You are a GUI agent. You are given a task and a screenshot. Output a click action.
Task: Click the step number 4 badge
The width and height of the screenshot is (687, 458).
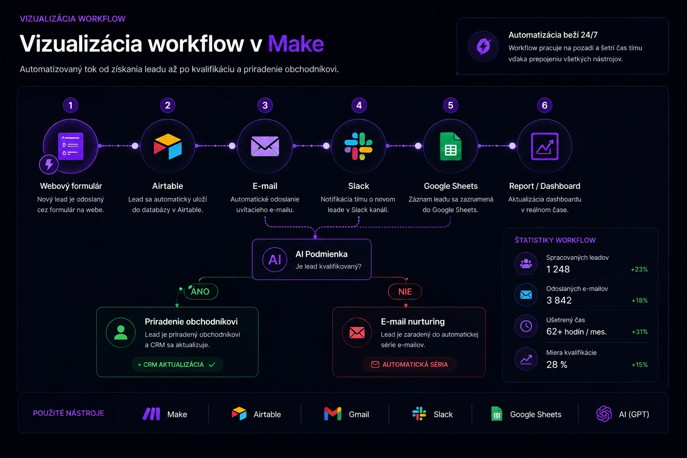[x=359, y=105]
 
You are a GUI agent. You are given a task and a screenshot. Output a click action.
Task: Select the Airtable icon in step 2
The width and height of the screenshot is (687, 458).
[x=167, y=146]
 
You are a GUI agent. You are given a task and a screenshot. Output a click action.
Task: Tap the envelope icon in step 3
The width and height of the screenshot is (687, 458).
[x=265, y=146]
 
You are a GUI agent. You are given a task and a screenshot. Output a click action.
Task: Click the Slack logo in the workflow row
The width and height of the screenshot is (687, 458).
[x=358, y=146]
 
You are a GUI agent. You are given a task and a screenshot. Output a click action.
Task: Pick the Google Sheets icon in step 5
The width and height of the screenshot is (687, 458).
[x=450, y=146]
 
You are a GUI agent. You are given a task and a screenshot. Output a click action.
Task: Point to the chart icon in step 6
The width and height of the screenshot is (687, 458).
[x=545, y=146]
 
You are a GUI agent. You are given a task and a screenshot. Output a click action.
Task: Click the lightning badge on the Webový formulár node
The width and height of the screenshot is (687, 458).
[x=49, y=165]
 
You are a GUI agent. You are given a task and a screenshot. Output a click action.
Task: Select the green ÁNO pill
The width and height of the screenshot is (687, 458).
[x=201, y=292]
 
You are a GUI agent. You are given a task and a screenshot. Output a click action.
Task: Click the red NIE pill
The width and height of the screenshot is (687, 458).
[x=405, y=292]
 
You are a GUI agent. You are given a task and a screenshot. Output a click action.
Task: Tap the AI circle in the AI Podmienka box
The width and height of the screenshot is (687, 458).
[x=275, y=259]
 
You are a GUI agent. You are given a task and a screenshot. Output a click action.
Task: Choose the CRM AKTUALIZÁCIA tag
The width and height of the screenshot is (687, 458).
[x=177, y=365]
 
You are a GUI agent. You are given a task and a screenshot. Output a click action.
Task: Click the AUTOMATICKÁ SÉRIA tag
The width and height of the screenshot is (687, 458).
[x=410, y=365]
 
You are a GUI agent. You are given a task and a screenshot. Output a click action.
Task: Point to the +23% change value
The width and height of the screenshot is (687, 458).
[x=639, y=269]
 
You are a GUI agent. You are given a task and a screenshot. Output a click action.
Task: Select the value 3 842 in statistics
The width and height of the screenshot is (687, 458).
[x=559, y=300]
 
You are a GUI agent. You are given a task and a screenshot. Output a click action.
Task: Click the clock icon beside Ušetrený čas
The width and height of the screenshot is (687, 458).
[x=526, y=326]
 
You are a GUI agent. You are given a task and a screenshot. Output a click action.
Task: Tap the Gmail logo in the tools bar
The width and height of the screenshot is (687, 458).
[x=333, y=414]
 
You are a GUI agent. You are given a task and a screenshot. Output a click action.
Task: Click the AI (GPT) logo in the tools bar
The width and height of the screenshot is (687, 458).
[x=604, y=414]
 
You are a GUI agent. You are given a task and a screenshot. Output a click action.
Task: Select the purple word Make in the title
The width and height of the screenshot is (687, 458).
[x=296, y=43]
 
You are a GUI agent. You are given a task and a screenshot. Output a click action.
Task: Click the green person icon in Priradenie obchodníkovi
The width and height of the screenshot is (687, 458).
[x=120, y=332]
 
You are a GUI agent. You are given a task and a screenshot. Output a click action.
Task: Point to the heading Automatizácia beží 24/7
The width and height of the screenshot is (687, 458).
[x=553, y=35]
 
